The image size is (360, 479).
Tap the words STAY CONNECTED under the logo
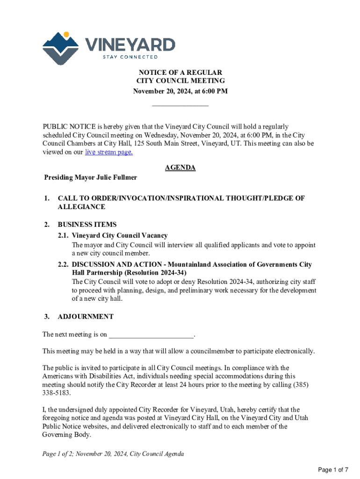(130, 57)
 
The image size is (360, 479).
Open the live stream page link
(108, 152)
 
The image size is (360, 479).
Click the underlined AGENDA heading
(180, 167)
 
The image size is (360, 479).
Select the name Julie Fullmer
(117, 178)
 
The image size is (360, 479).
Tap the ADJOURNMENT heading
(86, 317)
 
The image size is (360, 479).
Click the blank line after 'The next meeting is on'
(151, 335)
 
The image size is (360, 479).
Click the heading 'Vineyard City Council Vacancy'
(120, 235)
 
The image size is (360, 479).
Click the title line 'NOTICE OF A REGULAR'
(180, 73)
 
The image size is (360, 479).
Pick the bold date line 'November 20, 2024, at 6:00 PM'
(180, 91)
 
